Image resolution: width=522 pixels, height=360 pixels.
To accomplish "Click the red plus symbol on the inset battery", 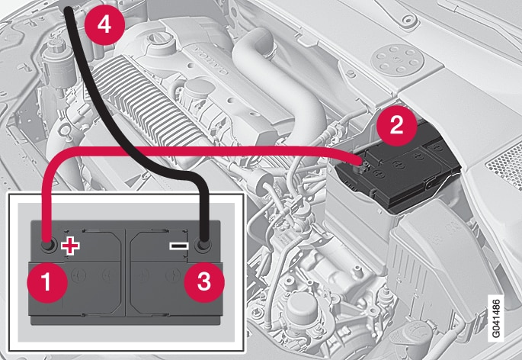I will click(x=70, y=246).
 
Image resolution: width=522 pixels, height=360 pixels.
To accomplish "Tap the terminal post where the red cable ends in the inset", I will click(x=47, y=246).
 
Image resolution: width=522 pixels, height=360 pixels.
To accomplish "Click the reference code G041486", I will click(x=496, y=318).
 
